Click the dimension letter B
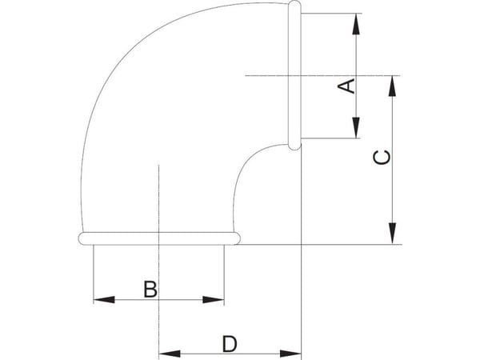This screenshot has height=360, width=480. click(150, 289)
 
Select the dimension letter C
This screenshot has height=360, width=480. click(382, 157)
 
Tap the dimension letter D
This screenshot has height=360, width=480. click(230, 343)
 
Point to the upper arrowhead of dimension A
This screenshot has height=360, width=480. click(356, 24)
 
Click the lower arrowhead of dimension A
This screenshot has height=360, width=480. click(356, 128)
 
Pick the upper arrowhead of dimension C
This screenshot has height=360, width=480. click(392, 86)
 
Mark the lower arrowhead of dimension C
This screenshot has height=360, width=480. click(392, 234)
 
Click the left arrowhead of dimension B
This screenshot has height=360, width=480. click(104, 300)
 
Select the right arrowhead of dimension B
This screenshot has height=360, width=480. click(214, 300)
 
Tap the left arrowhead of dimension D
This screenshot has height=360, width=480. click(170, 354)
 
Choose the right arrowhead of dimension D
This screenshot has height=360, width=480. click(290, 354)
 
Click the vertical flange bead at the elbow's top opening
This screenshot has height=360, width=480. click(294, 75)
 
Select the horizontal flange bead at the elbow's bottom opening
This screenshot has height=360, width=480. click(159, 238)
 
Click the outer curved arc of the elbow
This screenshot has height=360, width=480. click(122, 62)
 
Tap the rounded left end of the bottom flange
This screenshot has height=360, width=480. click(82, 238)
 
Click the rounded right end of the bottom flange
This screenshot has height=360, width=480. click(238, 238)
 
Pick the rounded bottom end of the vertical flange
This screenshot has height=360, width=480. click(294, 147)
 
